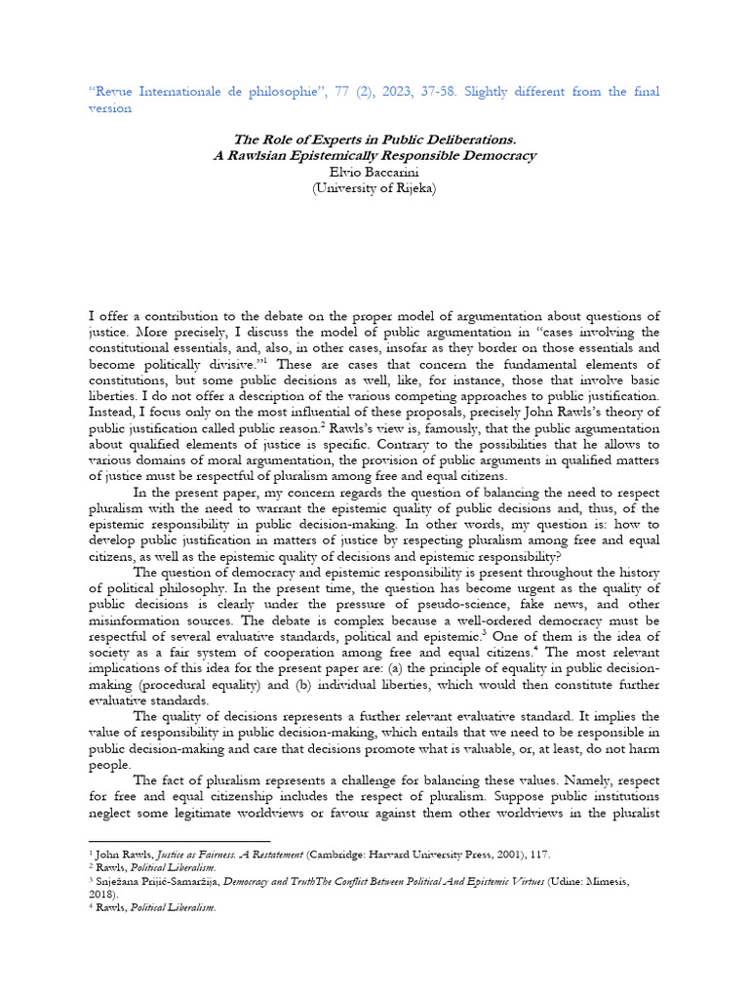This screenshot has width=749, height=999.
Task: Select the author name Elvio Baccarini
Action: point(374,172)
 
